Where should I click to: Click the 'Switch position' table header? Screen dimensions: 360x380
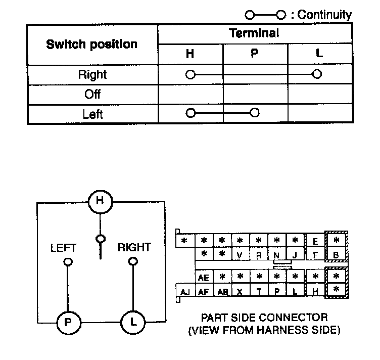tap(91, 44)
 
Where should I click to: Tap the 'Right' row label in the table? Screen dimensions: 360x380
tap(92, 75)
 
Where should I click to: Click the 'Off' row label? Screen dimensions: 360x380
tap(92, 94)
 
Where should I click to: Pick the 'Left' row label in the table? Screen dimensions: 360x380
tap(92, 114)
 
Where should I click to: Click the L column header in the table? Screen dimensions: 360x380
tap(318, 54)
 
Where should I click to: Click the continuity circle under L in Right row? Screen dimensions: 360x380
tap(317, 75)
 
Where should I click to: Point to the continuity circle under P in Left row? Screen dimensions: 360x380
tap(255, 112)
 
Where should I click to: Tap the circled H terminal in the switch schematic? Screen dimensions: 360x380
tap(100, 201)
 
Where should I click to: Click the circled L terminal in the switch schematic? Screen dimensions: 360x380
tap(133, 321)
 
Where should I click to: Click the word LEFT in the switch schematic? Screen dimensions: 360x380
tap(63, 248)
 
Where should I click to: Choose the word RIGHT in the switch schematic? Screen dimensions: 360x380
tap(134, 247)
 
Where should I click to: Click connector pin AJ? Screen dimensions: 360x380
tap(185, 292)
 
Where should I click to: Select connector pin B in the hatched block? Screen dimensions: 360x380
tap(336, 255)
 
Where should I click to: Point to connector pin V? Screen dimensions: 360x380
tap(240, 255)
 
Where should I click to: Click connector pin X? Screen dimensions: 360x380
tap(240, 292)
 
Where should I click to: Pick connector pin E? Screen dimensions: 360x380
tap(315, 241)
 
